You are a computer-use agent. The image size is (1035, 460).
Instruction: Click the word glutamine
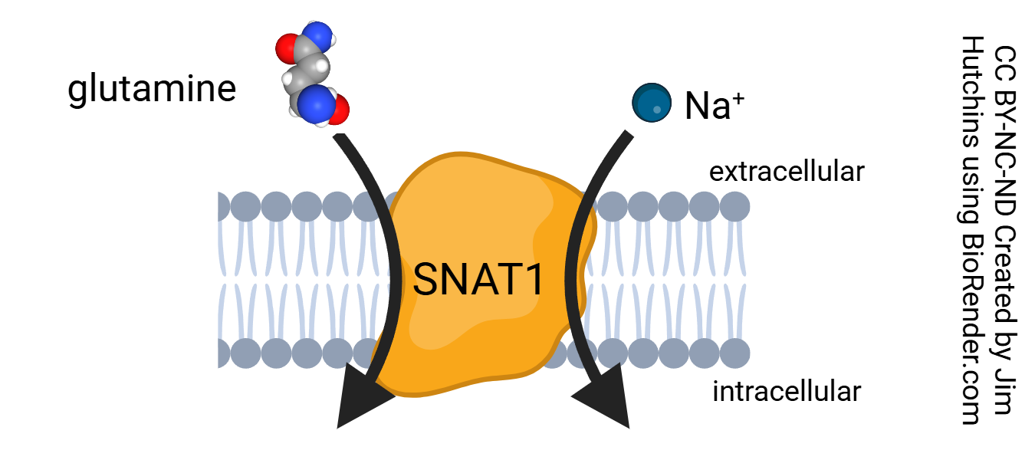[x=152, y=89]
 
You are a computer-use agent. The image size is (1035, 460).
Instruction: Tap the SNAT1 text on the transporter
[x=478, y=281]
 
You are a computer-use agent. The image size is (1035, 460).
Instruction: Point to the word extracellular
[x=786, y=172]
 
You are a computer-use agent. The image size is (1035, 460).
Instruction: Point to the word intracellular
[x=787, y=392]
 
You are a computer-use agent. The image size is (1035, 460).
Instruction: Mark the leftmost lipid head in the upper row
[x=222, y=207]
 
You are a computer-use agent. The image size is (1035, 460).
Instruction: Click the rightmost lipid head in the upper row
[x=734, y=207]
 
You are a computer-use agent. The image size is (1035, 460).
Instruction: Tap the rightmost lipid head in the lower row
[x=734, y=353]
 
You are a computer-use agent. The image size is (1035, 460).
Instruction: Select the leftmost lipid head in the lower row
[x=222, y=353]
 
